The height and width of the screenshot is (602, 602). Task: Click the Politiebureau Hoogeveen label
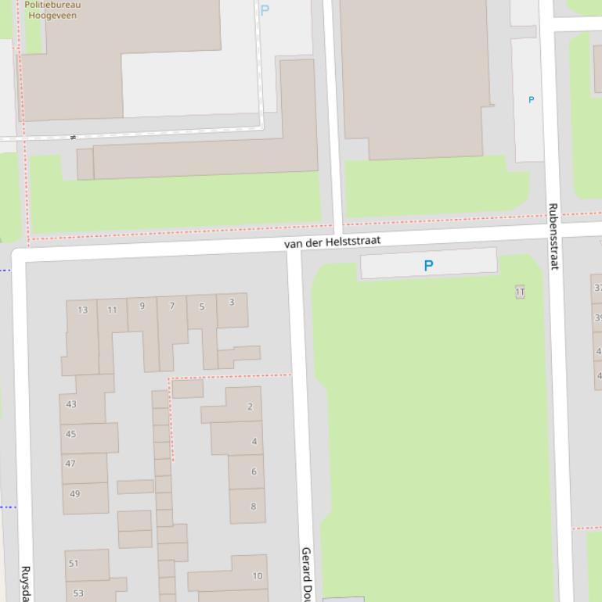coord(52,9)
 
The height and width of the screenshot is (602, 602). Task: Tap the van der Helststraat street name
coord(332,242)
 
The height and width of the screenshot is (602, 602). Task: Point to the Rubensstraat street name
coord(553,236)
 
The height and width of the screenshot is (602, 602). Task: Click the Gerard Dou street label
coord(307,574)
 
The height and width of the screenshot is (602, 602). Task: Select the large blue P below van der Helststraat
coord(428,266)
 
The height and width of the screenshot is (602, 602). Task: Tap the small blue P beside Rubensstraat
coord(532,100)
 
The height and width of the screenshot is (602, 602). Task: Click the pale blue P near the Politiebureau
coord(265,10)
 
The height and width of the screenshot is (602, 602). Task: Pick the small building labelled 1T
coord(520,292)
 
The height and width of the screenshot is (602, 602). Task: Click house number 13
coord(83,310)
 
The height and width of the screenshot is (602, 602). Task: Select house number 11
coord(112,310)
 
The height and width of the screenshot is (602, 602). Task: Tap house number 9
coord(142,306)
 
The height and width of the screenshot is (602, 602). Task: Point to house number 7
coord(172,306)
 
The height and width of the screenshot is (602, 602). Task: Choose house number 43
coord(71,404)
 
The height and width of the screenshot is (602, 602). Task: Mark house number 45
coord(71,434)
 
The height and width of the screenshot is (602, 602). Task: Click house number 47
coord(70,464)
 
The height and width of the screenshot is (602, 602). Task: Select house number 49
coord(74,493)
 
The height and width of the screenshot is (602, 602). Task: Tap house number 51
coord(74,563)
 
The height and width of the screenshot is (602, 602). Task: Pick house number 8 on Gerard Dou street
coord(253,506)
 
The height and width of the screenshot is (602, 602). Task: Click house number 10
coord(257,576)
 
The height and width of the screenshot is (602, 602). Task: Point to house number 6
coord(254,471)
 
